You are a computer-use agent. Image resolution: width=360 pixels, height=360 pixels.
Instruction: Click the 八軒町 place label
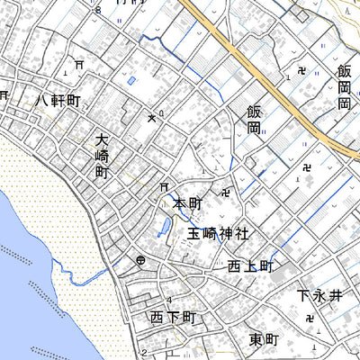[58, 101]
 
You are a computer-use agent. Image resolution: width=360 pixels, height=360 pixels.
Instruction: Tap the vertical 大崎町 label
[102, 155]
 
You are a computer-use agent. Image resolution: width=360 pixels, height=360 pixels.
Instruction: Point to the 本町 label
[191, 205]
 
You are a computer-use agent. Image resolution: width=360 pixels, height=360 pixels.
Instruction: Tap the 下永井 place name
[320, 295]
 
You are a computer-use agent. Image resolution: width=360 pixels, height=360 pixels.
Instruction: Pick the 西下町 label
[173, 318]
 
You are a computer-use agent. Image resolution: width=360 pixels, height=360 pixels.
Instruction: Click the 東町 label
[265, 339]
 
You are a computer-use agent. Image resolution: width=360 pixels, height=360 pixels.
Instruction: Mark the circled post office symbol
[142, 261]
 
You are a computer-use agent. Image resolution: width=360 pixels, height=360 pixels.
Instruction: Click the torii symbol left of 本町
[164, 187]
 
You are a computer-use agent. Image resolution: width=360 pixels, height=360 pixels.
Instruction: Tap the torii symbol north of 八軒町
[80, 65]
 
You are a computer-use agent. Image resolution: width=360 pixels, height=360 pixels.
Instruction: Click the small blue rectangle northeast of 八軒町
[132, 82]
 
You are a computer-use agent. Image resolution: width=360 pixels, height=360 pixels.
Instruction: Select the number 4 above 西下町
[169, 300]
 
